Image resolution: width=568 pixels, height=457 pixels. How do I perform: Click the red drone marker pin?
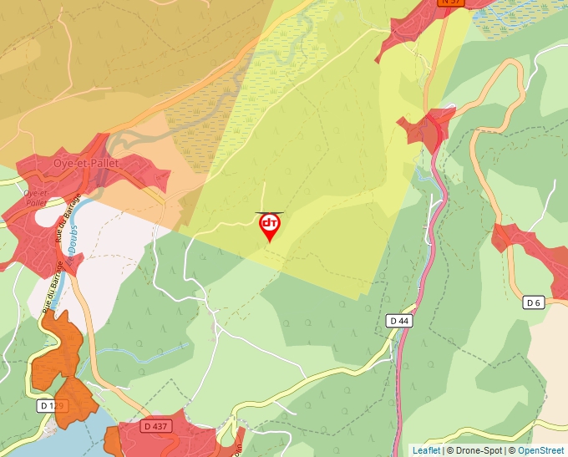[270, 226]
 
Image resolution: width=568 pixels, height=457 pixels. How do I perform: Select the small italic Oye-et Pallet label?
[35, 197]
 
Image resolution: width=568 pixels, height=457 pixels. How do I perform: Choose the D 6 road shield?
[534, 302]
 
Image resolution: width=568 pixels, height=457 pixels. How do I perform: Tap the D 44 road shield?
[399, 321]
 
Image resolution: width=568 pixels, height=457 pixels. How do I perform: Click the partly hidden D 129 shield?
[50, 406]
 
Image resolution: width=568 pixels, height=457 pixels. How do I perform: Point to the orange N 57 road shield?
[451, 3]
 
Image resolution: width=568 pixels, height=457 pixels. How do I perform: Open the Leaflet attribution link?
[425, 450]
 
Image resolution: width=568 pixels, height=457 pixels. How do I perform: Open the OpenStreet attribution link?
[540, 450]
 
